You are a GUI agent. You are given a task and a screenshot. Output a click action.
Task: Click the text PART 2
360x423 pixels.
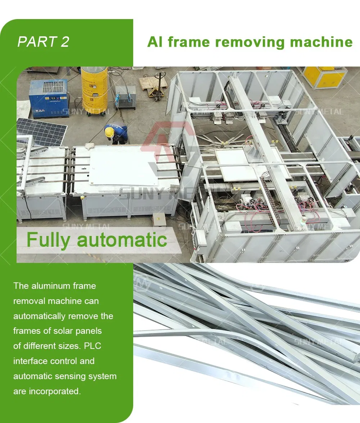pyautogui.click(x=44, y=42)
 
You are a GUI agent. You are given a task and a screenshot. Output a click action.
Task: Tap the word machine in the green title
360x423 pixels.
pyautogui.click(x=321, y=42)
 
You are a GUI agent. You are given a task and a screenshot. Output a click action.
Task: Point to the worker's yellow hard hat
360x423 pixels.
pyautogui.click(x=109, y=132)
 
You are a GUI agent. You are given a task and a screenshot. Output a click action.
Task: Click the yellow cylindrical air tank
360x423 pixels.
pyautogui.click(x=94, y=89)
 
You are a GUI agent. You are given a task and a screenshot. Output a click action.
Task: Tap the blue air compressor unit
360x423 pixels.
pyautogui.click(x=49, y=98)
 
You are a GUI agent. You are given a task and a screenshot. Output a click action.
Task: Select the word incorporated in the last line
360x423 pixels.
pyautogui.click(x=55, y=391)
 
